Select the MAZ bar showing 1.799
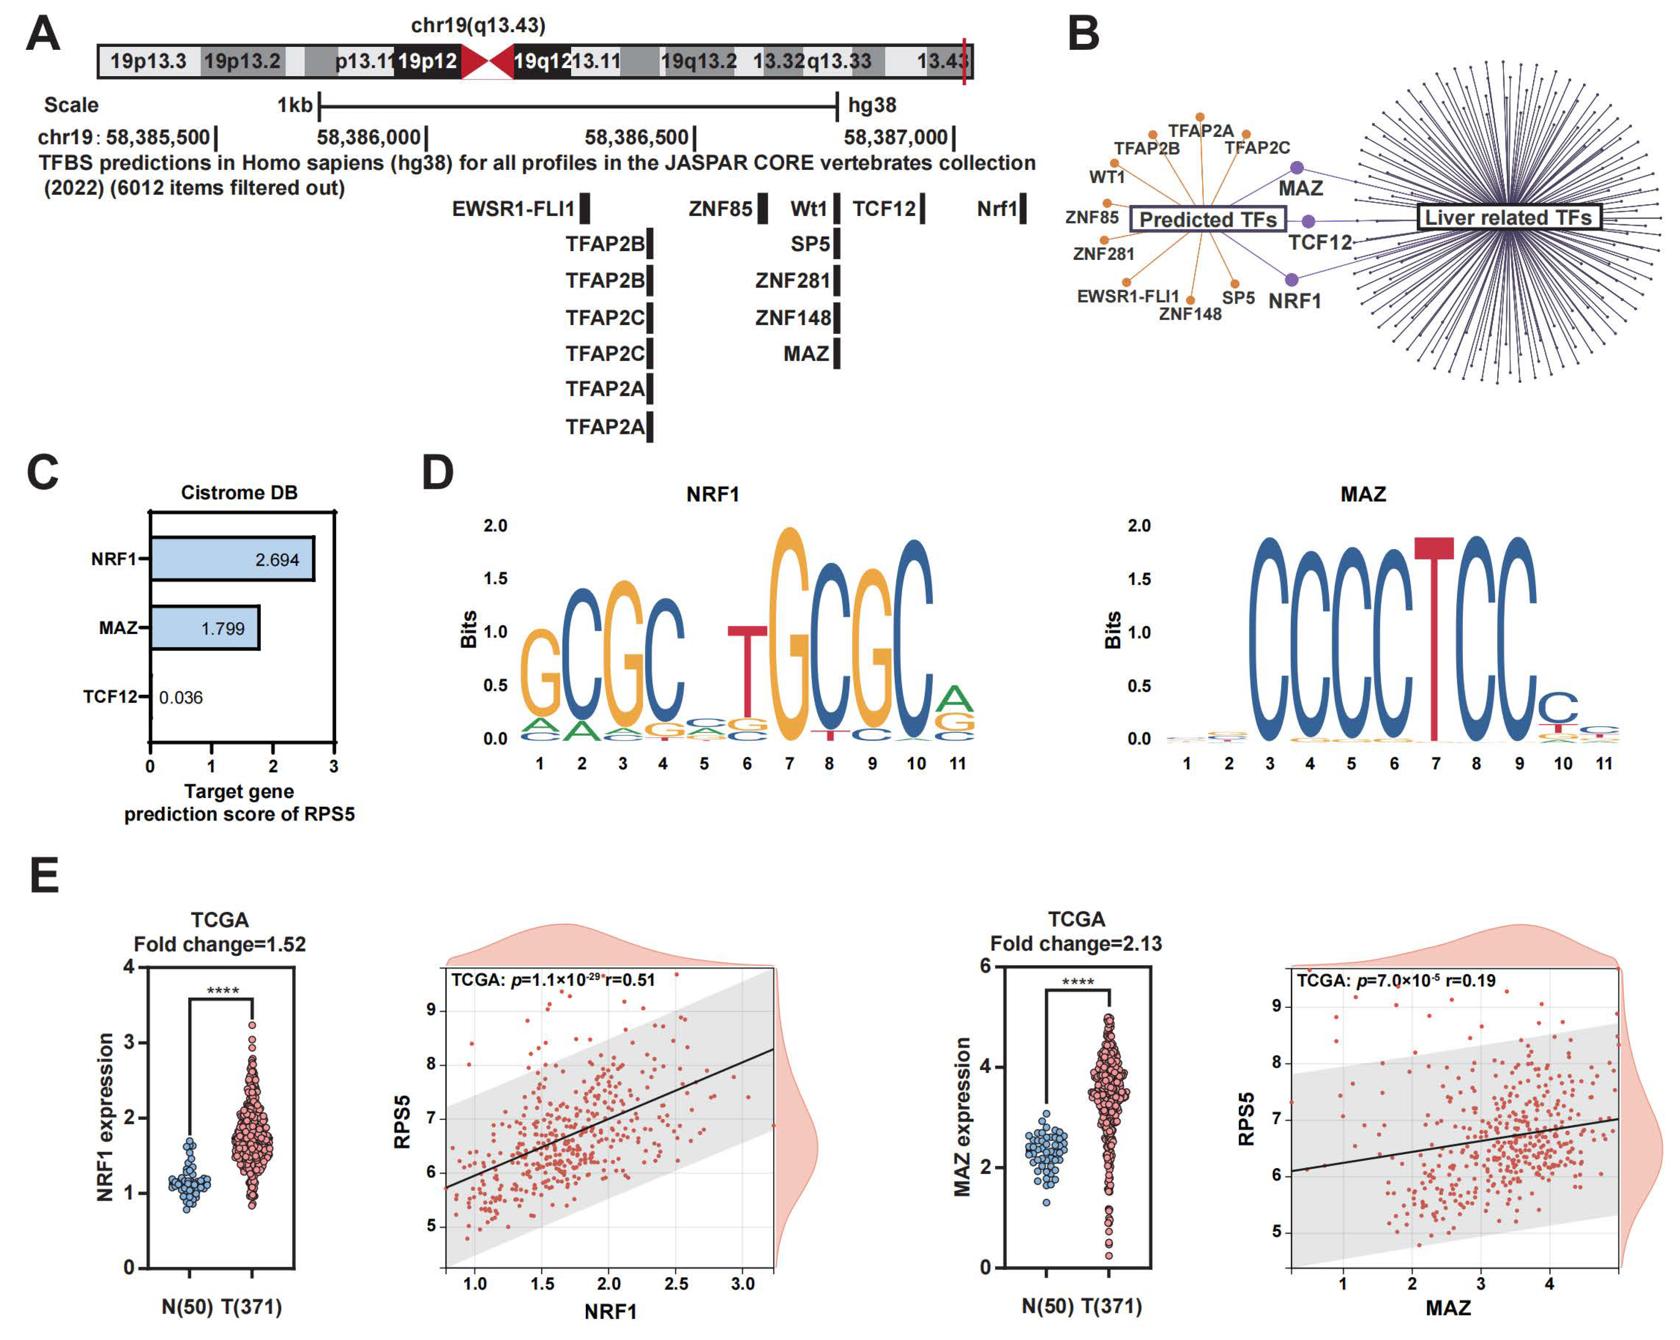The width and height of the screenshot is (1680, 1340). [204, 627]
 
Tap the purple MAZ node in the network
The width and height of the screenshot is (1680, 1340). [1297, 167]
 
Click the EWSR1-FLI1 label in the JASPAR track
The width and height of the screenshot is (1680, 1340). [513, 209]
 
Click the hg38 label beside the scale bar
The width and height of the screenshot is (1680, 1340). [872, 105]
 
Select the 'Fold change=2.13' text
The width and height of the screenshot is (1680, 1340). [1075, 943]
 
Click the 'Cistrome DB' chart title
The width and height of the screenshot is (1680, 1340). [239, 493]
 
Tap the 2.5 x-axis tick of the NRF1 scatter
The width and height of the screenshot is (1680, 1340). [676, 1283]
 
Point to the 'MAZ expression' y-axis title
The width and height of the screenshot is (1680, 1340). [963, 1116]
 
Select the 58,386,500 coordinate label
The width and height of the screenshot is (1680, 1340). [636, 138]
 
